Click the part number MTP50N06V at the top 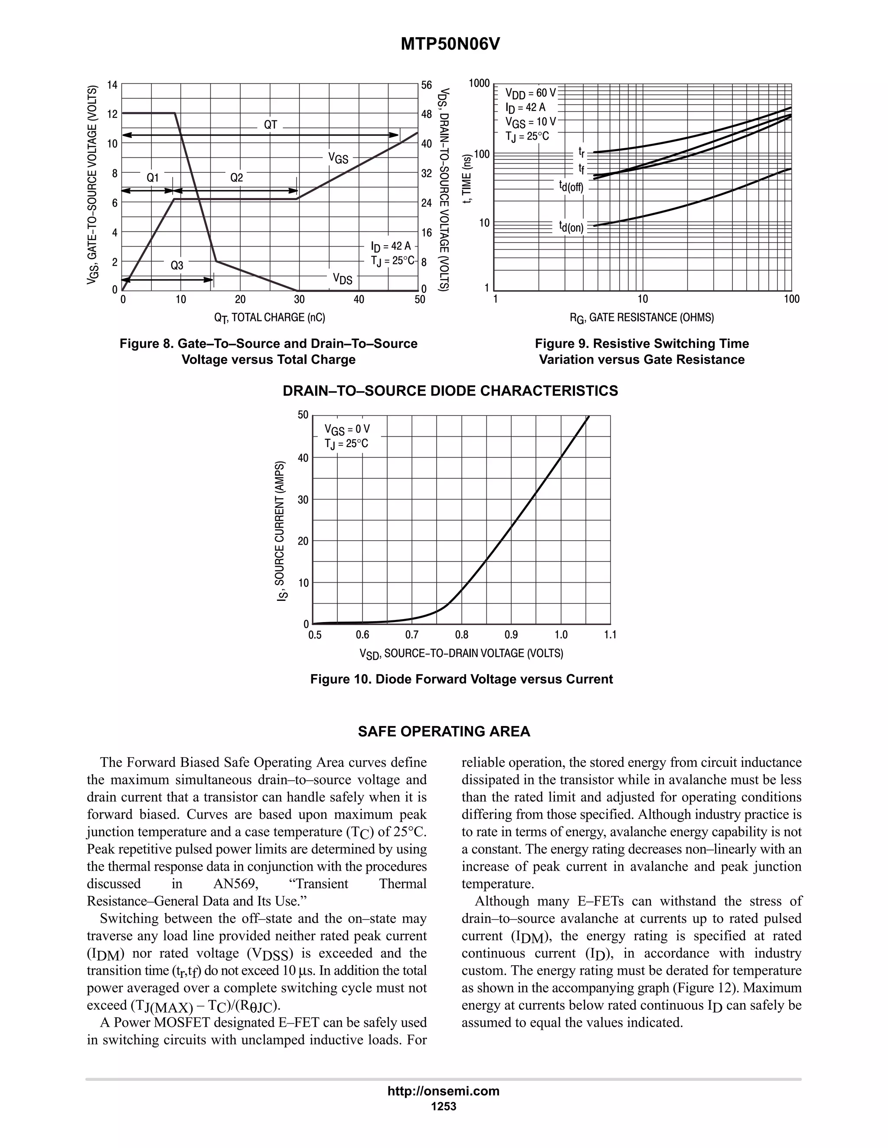point(451,45)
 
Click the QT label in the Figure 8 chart point(271,125)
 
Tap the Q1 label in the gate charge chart point(153,178)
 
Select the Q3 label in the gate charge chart point(177,266)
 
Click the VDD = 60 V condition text point(530,93)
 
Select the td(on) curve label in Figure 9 point(571,227)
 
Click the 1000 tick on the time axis point(479,84)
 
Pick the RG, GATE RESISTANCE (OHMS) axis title point(642,318)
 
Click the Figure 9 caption point(642,351)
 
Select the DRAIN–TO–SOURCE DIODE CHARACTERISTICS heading point(451,391)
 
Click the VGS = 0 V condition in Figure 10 point(347,429)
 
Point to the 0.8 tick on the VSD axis point(461,635)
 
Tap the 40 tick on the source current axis point(303,458)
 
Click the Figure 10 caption point(461,679)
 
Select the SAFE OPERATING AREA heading point(444,732)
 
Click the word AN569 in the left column point(236,884)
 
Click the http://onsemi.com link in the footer point(444,1091)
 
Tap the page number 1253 point(444,1106)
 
